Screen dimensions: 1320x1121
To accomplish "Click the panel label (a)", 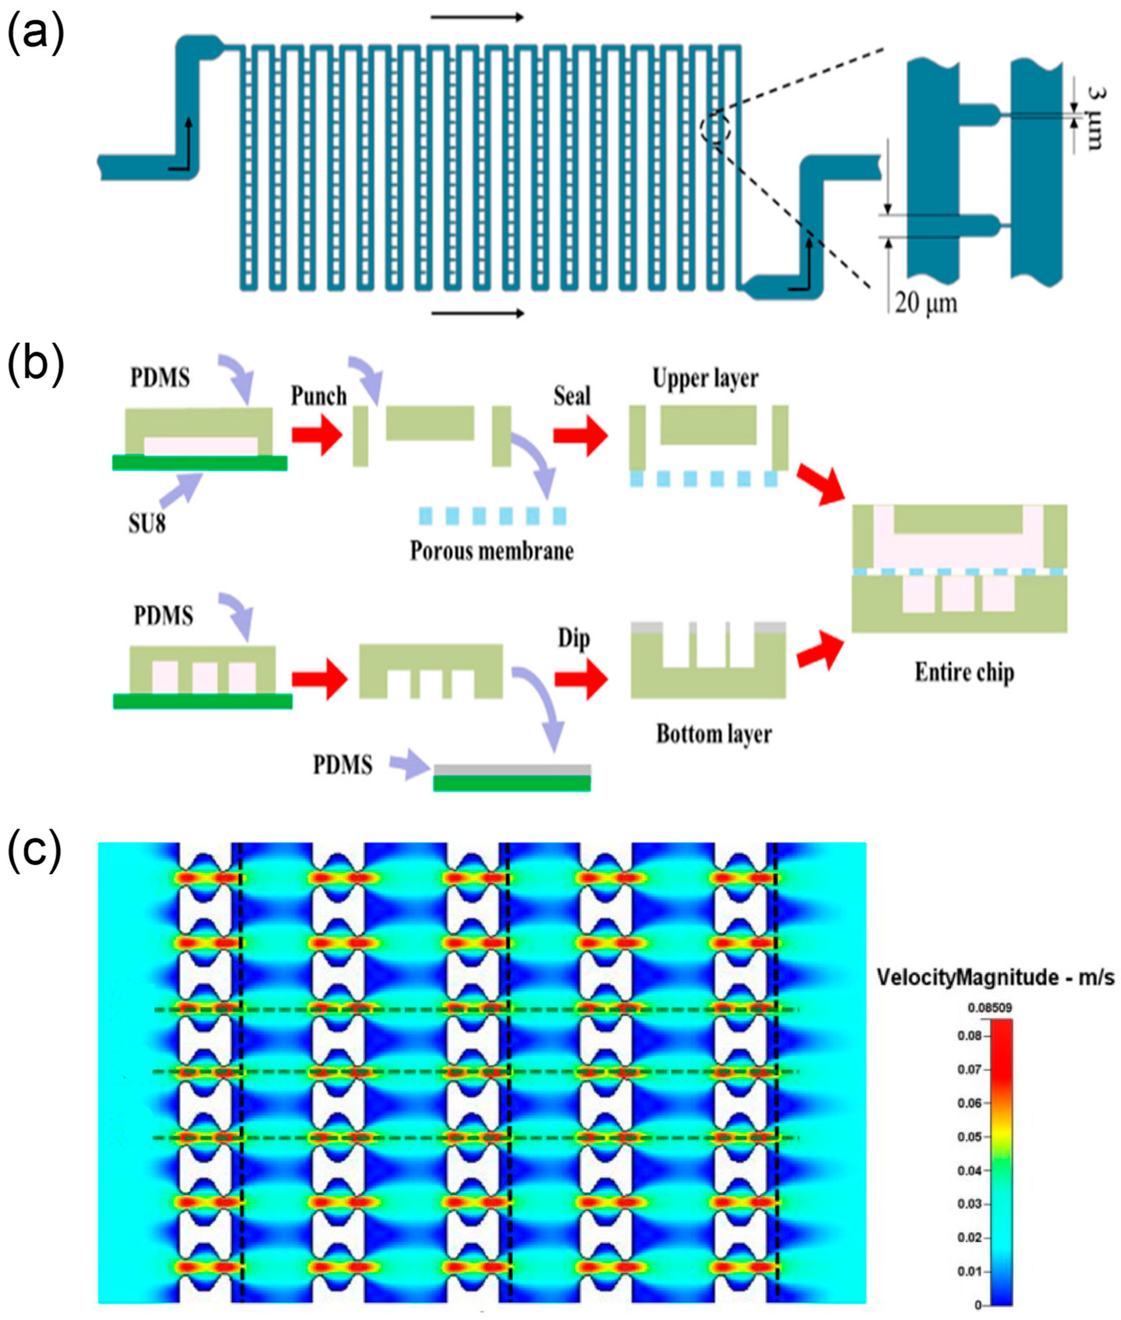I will pos(35,32).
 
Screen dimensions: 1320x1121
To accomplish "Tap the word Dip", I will pos(573,639).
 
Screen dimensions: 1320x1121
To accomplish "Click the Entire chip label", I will pos(964,672).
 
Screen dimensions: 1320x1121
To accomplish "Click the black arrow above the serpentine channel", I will pos(477,18).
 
